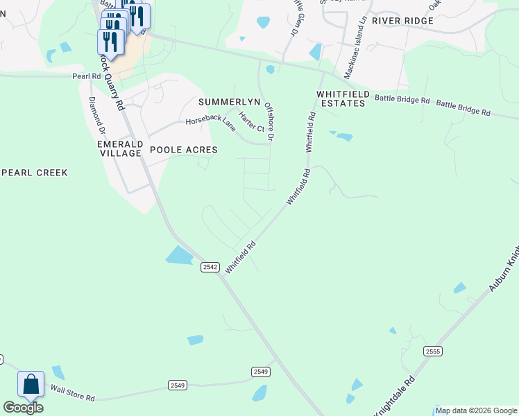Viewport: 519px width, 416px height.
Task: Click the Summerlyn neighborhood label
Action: click(x=229, y=101)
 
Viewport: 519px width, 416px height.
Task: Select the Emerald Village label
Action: click(x=120, y=148)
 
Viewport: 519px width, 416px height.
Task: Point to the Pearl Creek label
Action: click(x=34, y=172)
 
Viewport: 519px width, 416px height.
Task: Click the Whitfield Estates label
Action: click(x=341, y=98)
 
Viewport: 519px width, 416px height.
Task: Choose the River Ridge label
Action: click(x=402, y=21)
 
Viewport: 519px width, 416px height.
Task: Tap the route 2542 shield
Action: click(x=210, y=267)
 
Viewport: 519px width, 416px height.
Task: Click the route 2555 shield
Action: click(x=433, y=352)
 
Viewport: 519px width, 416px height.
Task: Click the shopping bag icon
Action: click(x=31, y=383)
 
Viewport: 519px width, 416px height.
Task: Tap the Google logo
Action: click(x=23, y=408)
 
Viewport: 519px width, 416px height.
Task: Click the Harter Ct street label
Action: click(x=251, y=123)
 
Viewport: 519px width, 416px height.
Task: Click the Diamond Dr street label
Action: click(x=97, y=115)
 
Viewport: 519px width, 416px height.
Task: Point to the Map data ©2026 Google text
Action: click(x=477, y=410)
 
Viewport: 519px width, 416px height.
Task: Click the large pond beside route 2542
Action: click(x=179, y=256)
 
